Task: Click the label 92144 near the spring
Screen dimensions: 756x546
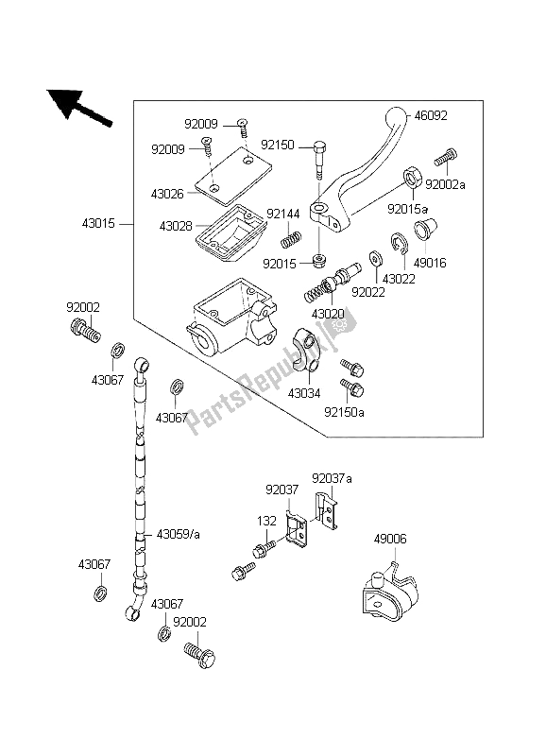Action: click(x=282, y=215)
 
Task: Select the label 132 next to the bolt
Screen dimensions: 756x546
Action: click(x=268, y=521)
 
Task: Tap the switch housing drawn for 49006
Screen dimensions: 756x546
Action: click(x=387, y=591)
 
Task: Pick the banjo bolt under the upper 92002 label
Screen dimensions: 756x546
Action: click(x=84, y=330)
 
